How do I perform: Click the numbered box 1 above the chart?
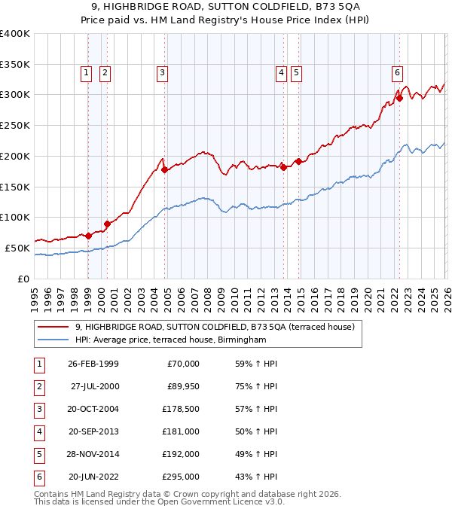[87, 73]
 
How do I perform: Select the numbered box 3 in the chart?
[162, 73]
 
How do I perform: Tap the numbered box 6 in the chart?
[397, 73]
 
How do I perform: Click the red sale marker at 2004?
[164, 170]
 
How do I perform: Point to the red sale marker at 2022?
[399, 97]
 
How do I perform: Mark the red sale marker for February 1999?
[88, 236]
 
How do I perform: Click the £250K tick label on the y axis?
[14, 125]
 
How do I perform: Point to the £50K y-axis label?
[17, 248]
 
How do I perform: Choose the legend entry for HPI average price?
[171, 340]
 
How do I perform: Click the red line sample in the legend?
[53, 327]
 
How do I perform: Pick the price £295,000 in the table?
[182, 477]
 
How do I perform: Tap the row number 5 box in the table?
[38, 454]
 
